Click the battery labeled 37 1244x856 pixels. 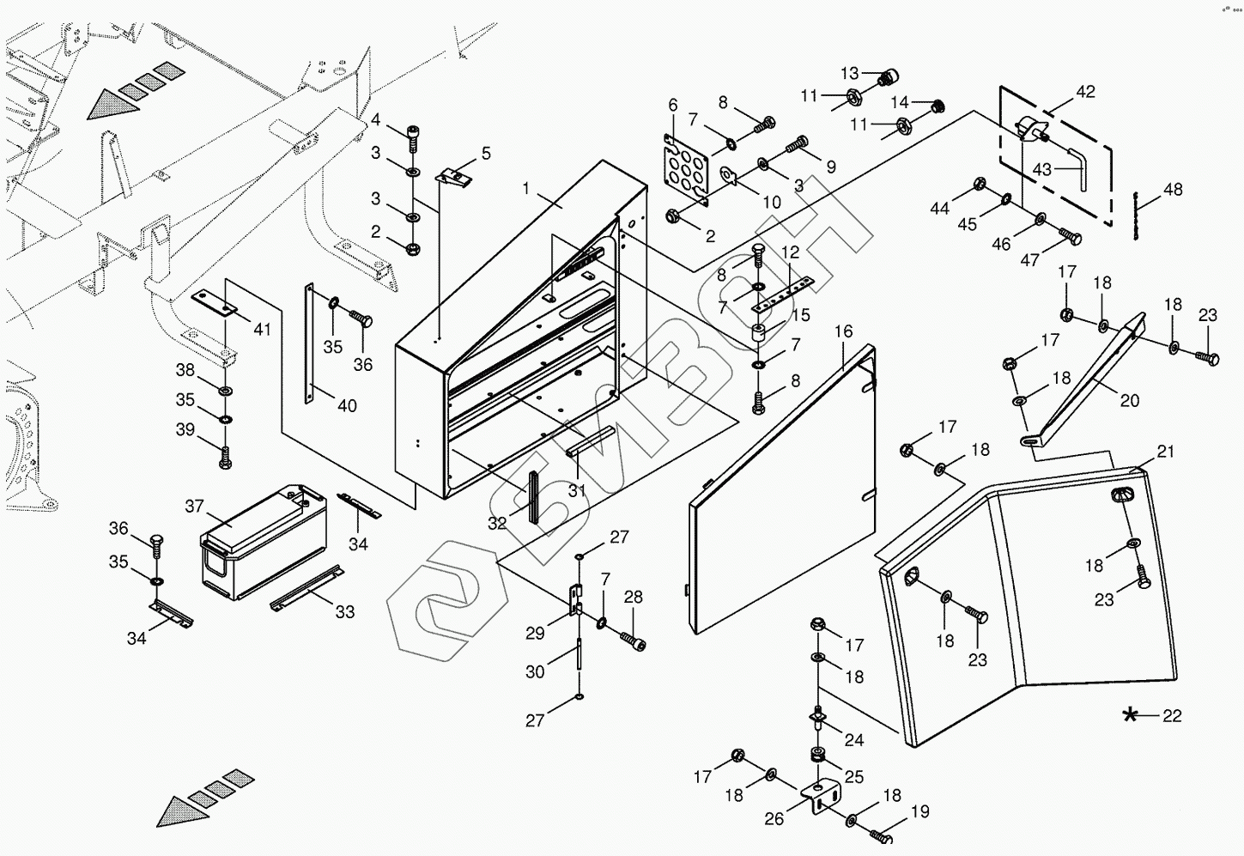pos(264,542)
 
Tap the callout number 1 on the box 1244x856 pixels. pos(526,188)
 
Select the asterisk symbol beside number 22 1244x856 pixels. pos(1130,715)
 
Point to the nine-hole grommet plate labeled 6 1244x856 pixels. pos(686,169)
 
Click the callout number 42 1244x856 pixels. pos(1085,92)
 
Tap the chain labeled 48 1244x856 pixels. pos(1136,216)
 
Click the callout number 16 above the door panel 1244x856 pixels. pos(843,331)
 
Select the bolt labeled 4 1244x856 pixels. pos(412,137)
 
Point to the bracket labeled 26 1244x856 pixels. pos(820,798)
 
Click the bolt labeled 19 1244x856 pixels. pos(880,835)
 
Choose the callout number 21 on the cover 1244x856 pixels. pos(1164,452)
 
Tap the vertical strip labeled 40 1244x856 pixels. pos(309,343)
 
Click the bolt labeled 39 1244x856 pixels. pos(226,458)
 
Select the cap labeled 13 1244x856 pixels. pos(889,77)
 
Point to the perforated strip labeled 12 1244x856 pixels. pos(782,296)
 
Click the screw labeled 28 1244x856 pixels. pos(633,640)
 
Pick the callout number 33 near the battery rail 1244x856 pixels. pos(345,611)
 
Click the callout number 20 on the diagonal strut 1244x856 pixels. pos(1130,400)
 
